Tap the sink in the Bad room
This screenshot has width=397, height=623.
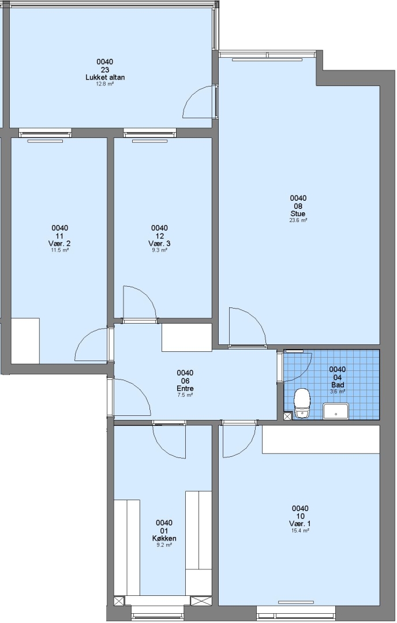point(336,411)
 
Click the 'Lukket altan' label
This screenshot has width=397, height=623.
point(105,77)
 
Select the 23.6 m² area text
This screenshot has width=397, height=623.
point(298,220)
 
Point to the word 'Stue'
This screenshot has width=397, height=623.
point(298,214)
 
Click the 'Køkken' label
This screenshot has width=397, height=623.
point(164,538)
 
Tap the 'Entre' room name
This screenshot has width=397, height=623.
point(185,388)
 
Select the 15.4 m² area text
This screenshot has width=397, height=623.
point(300,531)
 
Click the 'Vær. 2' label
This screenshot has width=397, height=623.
point(59,243)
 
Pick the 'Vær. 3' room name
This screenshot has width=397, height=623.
point(159,243)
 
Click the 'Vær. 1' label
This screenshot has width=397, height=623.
point(300,524)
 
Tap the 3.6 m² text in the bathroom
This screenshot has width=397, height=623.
point(338,391)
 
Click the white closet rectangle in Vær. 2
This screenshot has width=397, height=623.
point(25,340)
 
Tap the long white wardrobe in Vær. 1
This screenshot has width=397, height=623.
point(321,439)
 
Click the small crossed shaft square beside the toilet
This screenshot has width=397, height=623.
point(287,416)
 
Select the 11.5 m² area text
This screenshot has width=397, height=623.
point(59,250)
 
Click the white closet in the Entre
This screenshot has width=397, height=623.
point(186,337)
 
